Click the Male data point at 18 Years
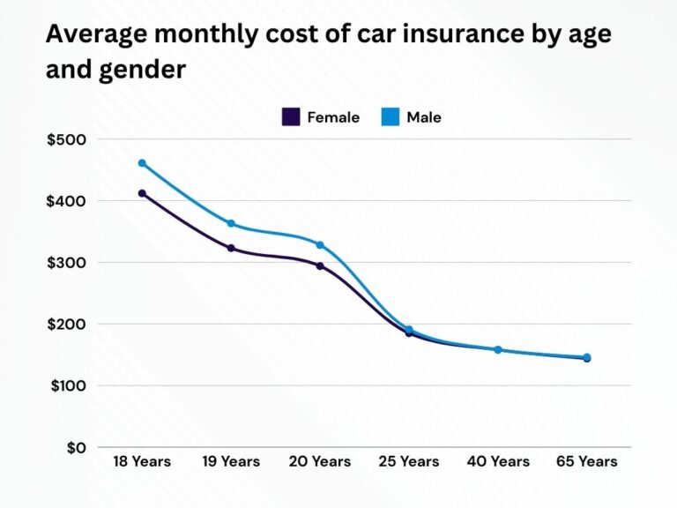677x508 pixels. [x=142, y=163]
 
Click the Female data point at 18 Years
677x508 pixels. [x=142, y=193]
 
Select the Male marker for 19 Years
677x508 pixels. [x=231, y=224]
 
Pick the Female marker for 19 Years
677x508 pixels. [x=231, y=249]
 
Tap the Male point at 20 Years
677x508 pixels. [x=320, y=245]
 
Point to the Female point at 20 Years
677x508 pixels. [x=320, y=265]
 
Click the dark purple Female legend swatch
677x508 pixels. [x=291, y=117]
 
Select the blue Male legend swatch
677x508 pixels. [x=391, y=117]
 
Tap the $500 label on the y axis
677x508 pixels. [x=67, y=139]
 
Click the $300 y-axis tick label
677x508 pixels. [x=67, y=263]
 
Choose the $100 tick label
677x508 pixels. [x=67, y=385]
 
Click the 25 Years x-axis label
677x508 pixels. [x=408, y=461]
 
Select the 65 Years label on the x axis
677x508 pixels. [x=586, y=461]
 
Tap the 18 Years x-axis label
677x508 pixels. [x=142, y=461]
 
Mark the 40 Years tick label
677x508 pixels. [x=497, y=461]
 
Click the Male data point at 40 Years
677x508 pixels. [x=497, y=350]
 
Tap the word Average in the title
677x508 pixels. [x=93, y=34]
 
